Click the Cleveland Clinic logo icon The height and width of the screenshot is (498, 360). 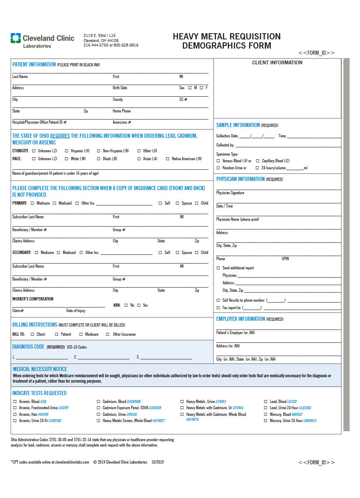click(x=16, y=39)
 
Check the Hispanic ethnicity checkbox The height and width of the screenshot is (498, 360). click(x=66, y=151)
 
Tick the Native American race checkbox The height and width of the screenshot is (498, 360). click(x=168, y=159)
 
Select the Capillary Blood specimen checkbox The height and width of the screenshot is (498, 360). click(x=257, y=161)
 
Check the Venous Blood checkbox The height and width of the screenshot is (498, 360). click(x=218, y=161)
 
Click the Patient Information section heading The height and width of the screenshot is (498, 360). click(x=34, y=65)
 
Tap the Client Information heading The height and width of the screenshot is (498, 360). click(x=277, y=63)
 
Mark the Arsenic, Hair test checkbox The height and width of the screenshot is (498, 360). click(x=15, y=415)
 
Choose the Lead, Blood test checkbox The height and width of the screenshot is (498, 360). click(x=266, y=402)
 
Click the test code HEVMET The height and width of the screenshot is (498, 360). click(x=159, y=421)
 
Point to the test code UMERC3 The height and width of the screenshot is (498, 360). click(x=310, y=421)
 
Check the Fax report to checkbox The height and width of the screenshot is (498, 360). click(x=218, y=308)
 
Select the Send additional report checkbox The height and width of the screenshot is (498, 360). click(x=218, y=268)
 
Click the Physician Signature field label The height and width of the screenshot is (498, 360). click(x=230, y=193)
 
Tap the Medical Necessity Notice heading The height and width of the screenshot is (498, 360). click(x=40, y=369)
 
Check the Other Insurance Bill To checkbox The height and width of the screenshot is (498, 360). click(x=108, y=334)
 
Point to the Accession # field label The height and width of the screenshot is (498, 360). click(x=122, y=122)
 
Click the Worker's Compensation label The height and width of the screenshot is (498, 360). click(x=33, y=299)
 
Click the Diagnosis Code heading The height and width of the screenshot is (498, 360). click(x=28, y=347)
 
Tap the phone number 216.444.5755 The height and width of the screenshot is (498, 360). click(x=95, y=45)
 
